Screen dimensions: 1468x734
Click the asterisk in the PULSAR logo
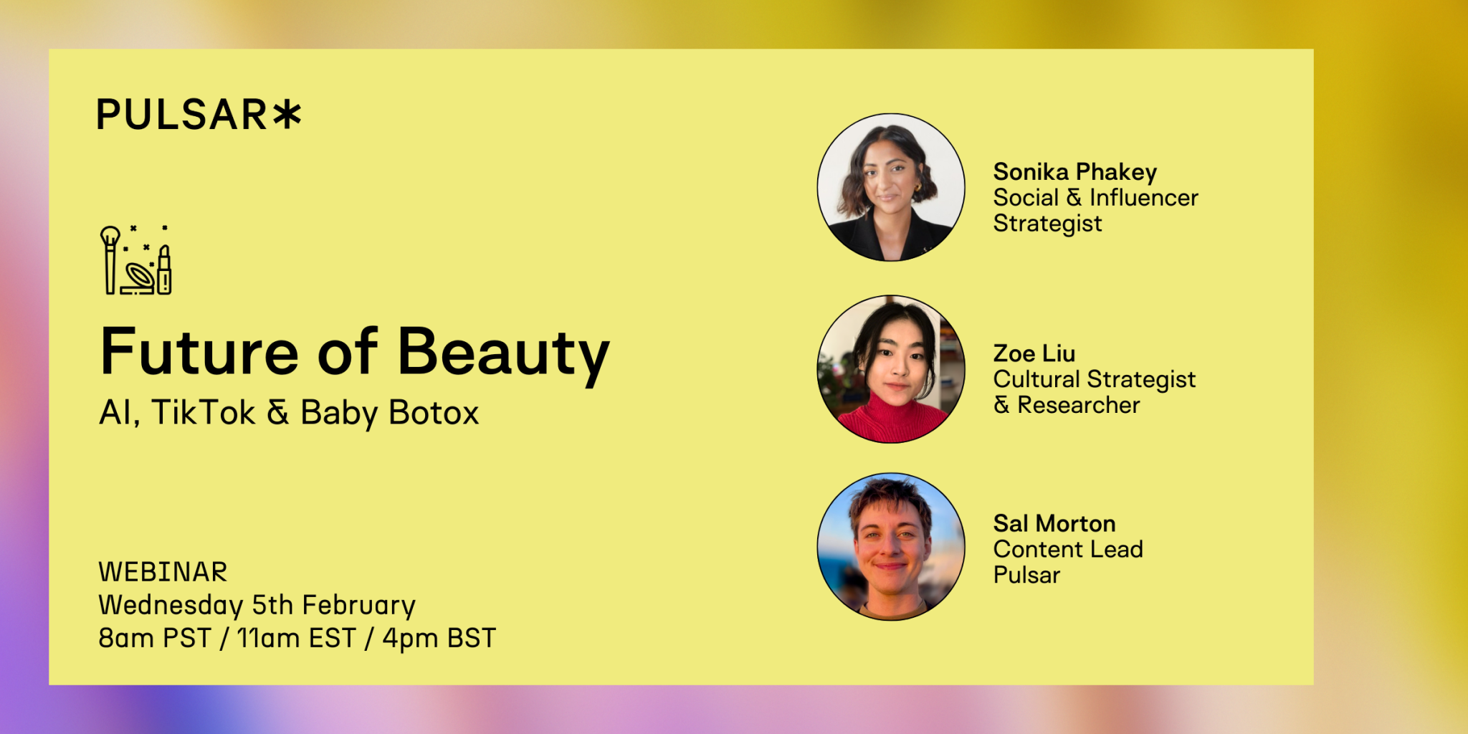click(x=287, y=115)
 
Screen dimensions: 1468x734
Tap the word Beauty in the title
click(x=503, y=354)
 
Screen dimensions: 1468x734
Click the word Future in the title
click(x=199, y=352)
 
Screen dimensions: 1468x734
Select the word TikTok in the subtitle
click(x=203, y=413)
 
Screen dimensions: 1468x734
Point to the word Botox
click(x=434, y=413)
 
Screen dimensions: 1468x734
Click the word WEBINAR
click(x=163, y=572)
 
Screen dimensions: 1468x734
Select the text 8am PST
click(x=155, y=638)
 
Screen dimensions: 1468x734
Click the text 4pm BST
click(x=439, y=638)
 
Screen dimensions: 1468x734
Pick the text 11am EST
click(x=296, y=638)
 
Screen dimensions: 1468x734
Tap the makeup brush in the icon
click(x=110, y=260)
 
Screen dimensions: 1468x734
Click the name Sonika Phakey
click(x=1074, y=173)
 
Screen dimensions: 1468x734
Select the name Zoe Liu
click(x=1034, y=353)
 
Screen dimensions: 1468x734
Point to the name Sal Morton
click(x=1054, y=523)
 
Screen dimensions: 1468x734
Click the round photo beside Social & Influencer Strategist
click(x=891, y=187)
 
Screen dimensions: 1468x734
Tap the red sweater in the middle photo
click(x=892, y=421)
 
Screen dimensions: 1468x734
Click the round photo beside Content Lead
click(x=891, y=546)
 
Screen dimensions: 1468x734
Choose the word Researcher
click(x=1078, y=405)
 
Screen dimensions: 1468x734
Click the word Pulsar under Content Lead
click(x=1026, y=575)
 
